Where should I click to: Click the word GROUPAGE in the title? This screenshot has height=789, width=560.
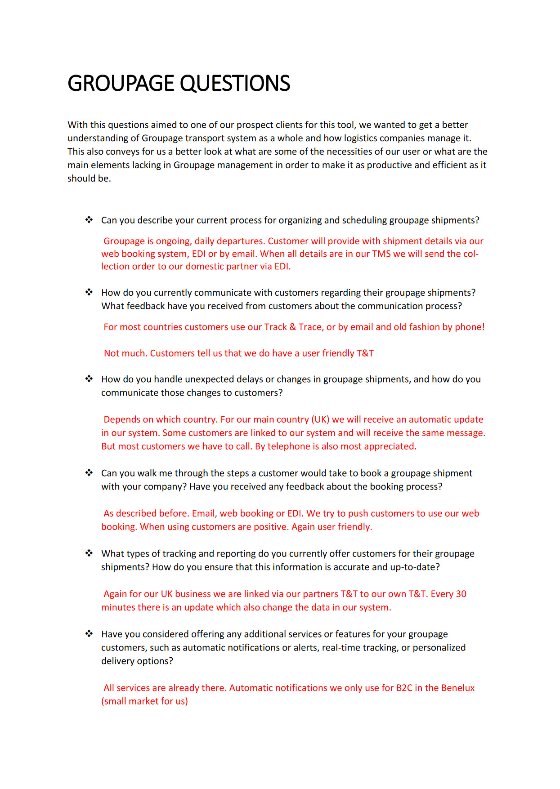point(121,84)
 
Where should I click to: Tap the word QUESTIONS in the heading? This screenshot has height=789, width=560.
point(235,84)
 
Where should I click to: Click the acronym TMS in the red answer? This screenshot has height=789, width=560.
point(381,254)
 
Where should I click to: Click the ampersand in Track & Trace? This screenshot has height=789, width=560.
point(293,327)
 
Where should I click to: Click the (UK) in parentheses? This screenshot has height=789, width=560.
point(320,419)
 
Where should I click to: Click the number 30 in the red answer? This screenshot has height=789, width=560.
point(461,594)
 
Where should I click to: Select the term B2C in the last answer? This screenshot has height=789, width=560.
point(404,688)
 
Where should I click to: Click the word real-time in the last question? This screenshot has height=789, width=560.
point(342,648)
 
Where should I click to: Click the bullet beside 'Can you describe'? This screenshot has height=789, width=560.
point(89,220)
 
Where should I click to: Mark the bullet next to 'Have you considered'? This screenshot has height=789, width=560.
point(89,634)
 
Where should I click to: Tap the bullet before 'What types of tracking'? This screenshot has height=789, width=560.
point(89,553)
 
